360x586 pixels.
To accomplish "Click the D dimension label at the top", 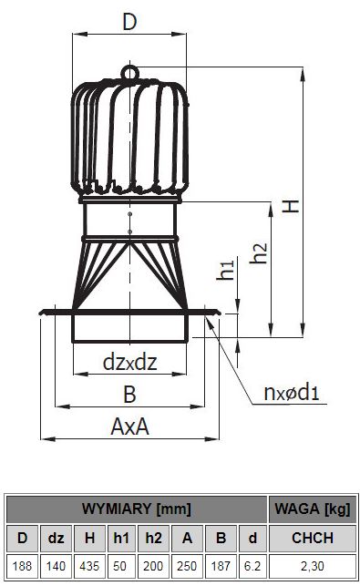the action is coord(129,22).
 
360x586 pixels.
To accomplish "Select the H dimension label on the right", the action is coord(291,206).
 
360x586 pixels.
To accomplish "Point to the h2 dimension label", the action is coord(259,253).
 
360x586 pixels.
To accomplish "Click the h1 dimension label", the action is coord(226,270).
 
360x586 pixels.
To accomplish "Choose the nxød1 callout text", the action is coord(292,392).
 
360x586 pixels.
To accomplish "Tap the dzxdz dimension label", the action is coord(129,362).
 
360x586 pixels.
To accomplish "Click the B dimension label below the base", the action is coord(129,395).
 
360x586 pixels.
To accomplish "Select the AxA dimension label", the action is coord(129,427).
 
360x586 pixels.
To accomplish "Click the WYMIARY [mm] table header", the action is coord(137,509).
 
